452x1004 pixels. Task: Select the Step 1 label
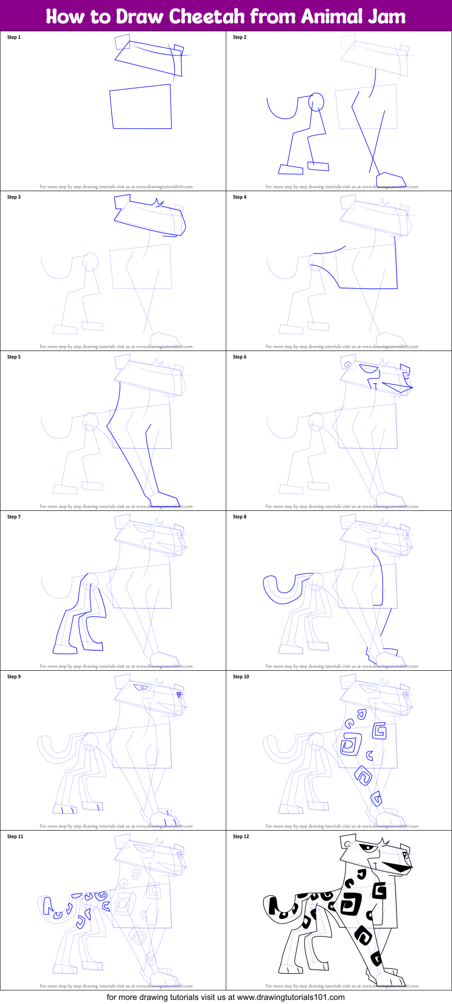[14, 37]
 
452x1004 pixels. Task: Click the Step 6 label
[239, 357]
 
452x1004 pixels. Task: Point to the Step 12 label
[241, 836]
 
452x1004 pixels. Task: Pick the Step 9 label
[14, 677]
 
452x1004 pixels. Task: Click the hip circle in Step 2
[316, 102]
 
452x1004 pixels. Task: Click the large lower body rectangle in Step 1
[141, 108]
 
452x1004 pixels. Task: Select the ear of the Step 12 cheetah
[347, 844]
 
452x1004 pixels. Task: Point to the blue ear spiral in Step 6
[347, 365]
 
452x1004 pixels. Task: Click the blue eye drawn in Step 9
[142, 687]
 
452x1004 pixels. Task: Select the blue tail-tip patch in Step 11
[47, 905]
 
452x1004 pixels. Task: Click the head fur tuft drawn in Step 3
[157, 202]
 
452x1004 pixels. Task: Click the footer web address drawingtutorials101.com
[290, 997]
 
